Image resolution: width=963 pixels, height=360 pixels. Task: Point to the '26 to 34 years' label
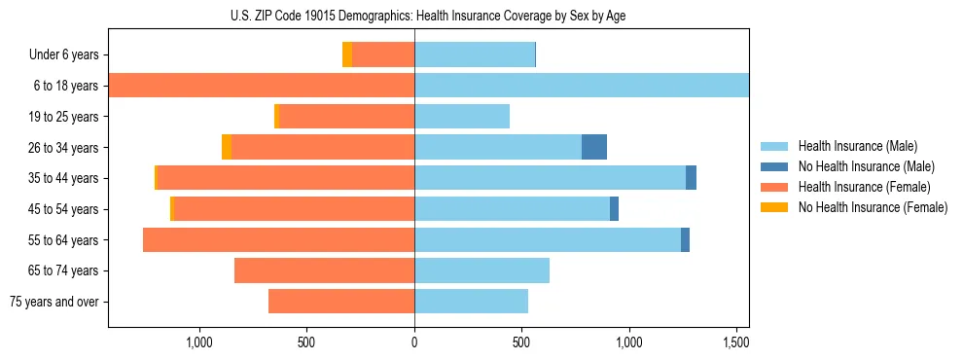pyautogui.click(x=59, y=148)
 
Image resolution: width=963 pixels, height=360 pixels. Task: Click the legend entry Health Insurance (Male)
pyautogui.click(x=857, y=146)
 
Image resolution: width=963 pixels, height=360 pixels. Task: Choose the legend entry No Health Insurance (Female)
pyautogui.click(x=873, y=207)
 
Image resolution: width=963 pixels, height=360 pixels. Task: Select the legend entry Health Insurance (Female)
pyautogui.click(x=864, y=187)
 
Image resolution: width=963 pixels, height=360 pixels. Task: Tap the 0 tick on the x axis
pyautogui.click(x=414, y=342)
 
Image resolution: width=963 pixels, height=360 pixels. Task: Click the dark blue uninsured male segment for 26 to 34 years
pyautogui.click(x=594, y=147)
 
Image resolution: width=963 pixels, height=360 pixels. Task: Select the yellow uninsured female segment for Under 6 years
pyautogui.click(x=347, y=54)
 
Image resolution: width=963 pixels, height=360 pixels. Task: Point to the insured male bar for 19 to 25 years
pyautogui.click(x=462, y=117)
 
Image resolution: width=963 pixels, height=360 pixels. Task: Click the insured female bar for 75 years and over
pyautogui.click(x=341, y=302)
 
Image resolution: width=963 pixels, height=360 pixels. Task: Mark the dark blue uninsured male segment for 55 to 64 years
pyautogui.click(x=685, y=239)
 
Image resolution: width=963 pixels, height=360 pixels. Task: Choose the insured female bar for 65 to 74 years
pyautogui.click(x=324, y=270)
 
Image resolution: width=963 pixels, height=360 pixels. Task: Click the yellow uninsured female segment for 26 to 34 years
pyautogui.click(x=227, y=147)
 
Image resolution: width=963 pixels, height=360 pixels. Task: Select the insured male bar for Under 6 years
pyautogui.click(x=475, y=54)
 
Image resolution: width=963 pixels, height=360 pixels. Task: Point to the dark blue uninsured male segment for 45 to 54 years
pyautogui.click(x=614, y=209)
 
